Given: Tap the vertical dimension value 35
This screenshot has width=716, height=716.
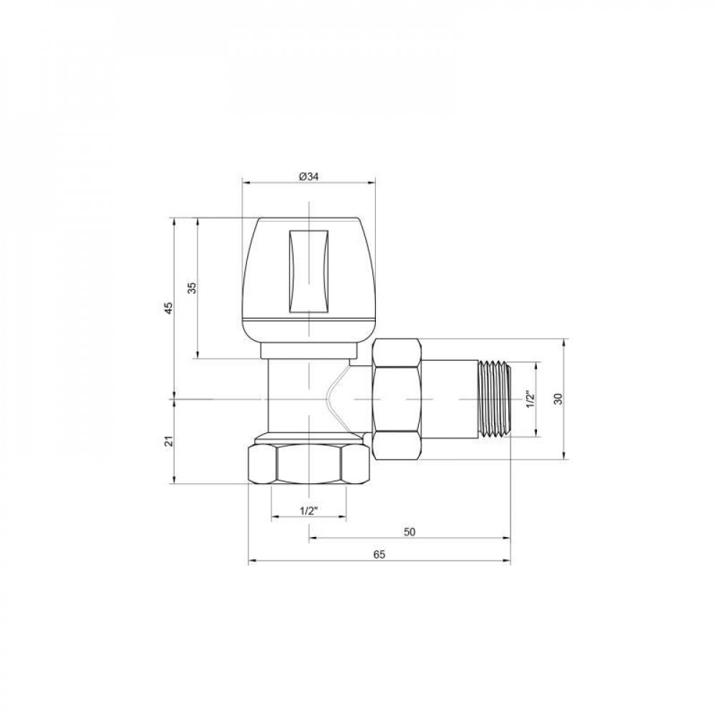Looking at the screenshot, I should [x=191, y=288].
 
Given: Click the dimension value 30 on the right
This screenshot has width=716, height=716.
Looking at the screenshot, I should [x=558, y=399].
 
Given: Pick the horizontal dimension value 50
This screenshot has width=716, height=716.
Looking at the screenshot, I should [x=410, y=532].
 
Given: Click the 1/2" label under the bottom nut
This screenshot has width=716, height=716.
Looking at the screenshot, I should [x=309, y=511].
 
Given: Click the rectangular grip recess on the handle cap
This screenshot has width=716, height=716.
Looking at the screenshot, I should [x=309, y=271].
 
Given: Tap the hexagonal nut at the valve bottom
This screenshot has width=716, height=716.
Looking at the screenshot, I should [x=308, y=466].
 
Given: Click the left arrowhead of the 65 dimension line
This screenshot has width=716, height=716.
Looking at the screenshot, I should [x=250, y=561].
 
